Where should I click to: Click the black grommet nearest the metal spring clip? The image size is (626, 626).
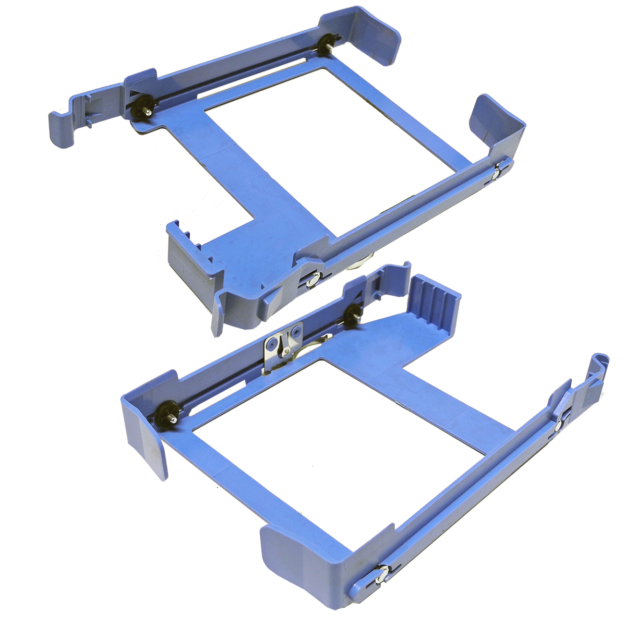pyautogui.click(x=353, y=312)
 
